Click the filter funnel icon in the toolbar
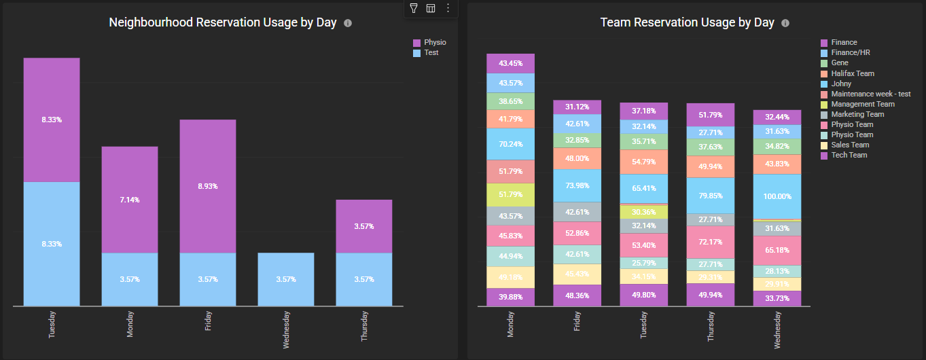[413, 8]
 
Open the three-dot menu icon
[448, 8]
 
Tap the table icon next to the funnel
[431, 8]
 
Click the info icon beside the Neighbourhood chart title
[348, 23]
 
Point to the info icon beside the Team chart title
[785, 23]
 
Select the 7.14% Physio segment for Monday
[130, 200]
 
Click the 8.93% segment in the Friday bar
[208, 186]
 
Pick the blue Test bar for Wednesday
[286, 279]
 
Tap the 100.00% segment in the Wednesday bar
[777, 196]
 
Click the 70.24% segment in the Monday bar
[510, 144]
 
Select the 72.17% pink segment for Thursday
[711, 242]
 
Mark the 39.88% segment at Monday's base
[510, 297]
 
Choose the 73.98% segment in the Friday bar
[577, 186]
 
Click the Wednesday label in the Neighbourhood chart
[286, 330]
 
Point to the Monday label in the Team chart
[510, 325]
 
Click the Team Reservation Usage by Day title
[687, 22]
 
